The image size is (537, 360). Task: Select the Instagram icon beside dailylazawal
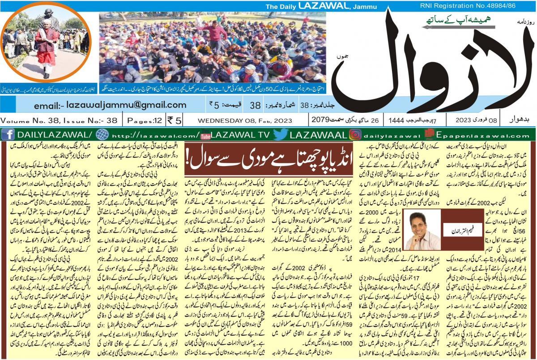click(x=355, y=134)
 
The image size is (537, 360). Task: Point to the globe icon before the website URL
click(x=102, y=134)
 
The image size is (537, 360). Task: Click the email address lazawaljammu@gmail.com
click(x=110, y=105)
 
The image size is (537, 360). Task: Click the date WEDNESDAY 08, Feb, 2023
click(x=245, y=120)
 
